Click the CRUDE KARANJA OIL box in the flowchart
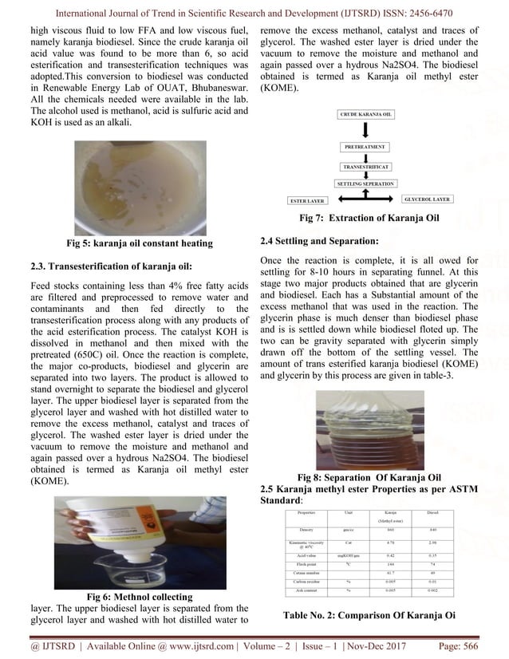click(365, 115)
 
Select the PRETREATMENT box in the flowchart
click(365, 148)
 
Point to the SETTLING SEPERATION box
click(365, 183)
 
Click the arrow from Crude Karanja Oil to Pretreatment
click(365, 131)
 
